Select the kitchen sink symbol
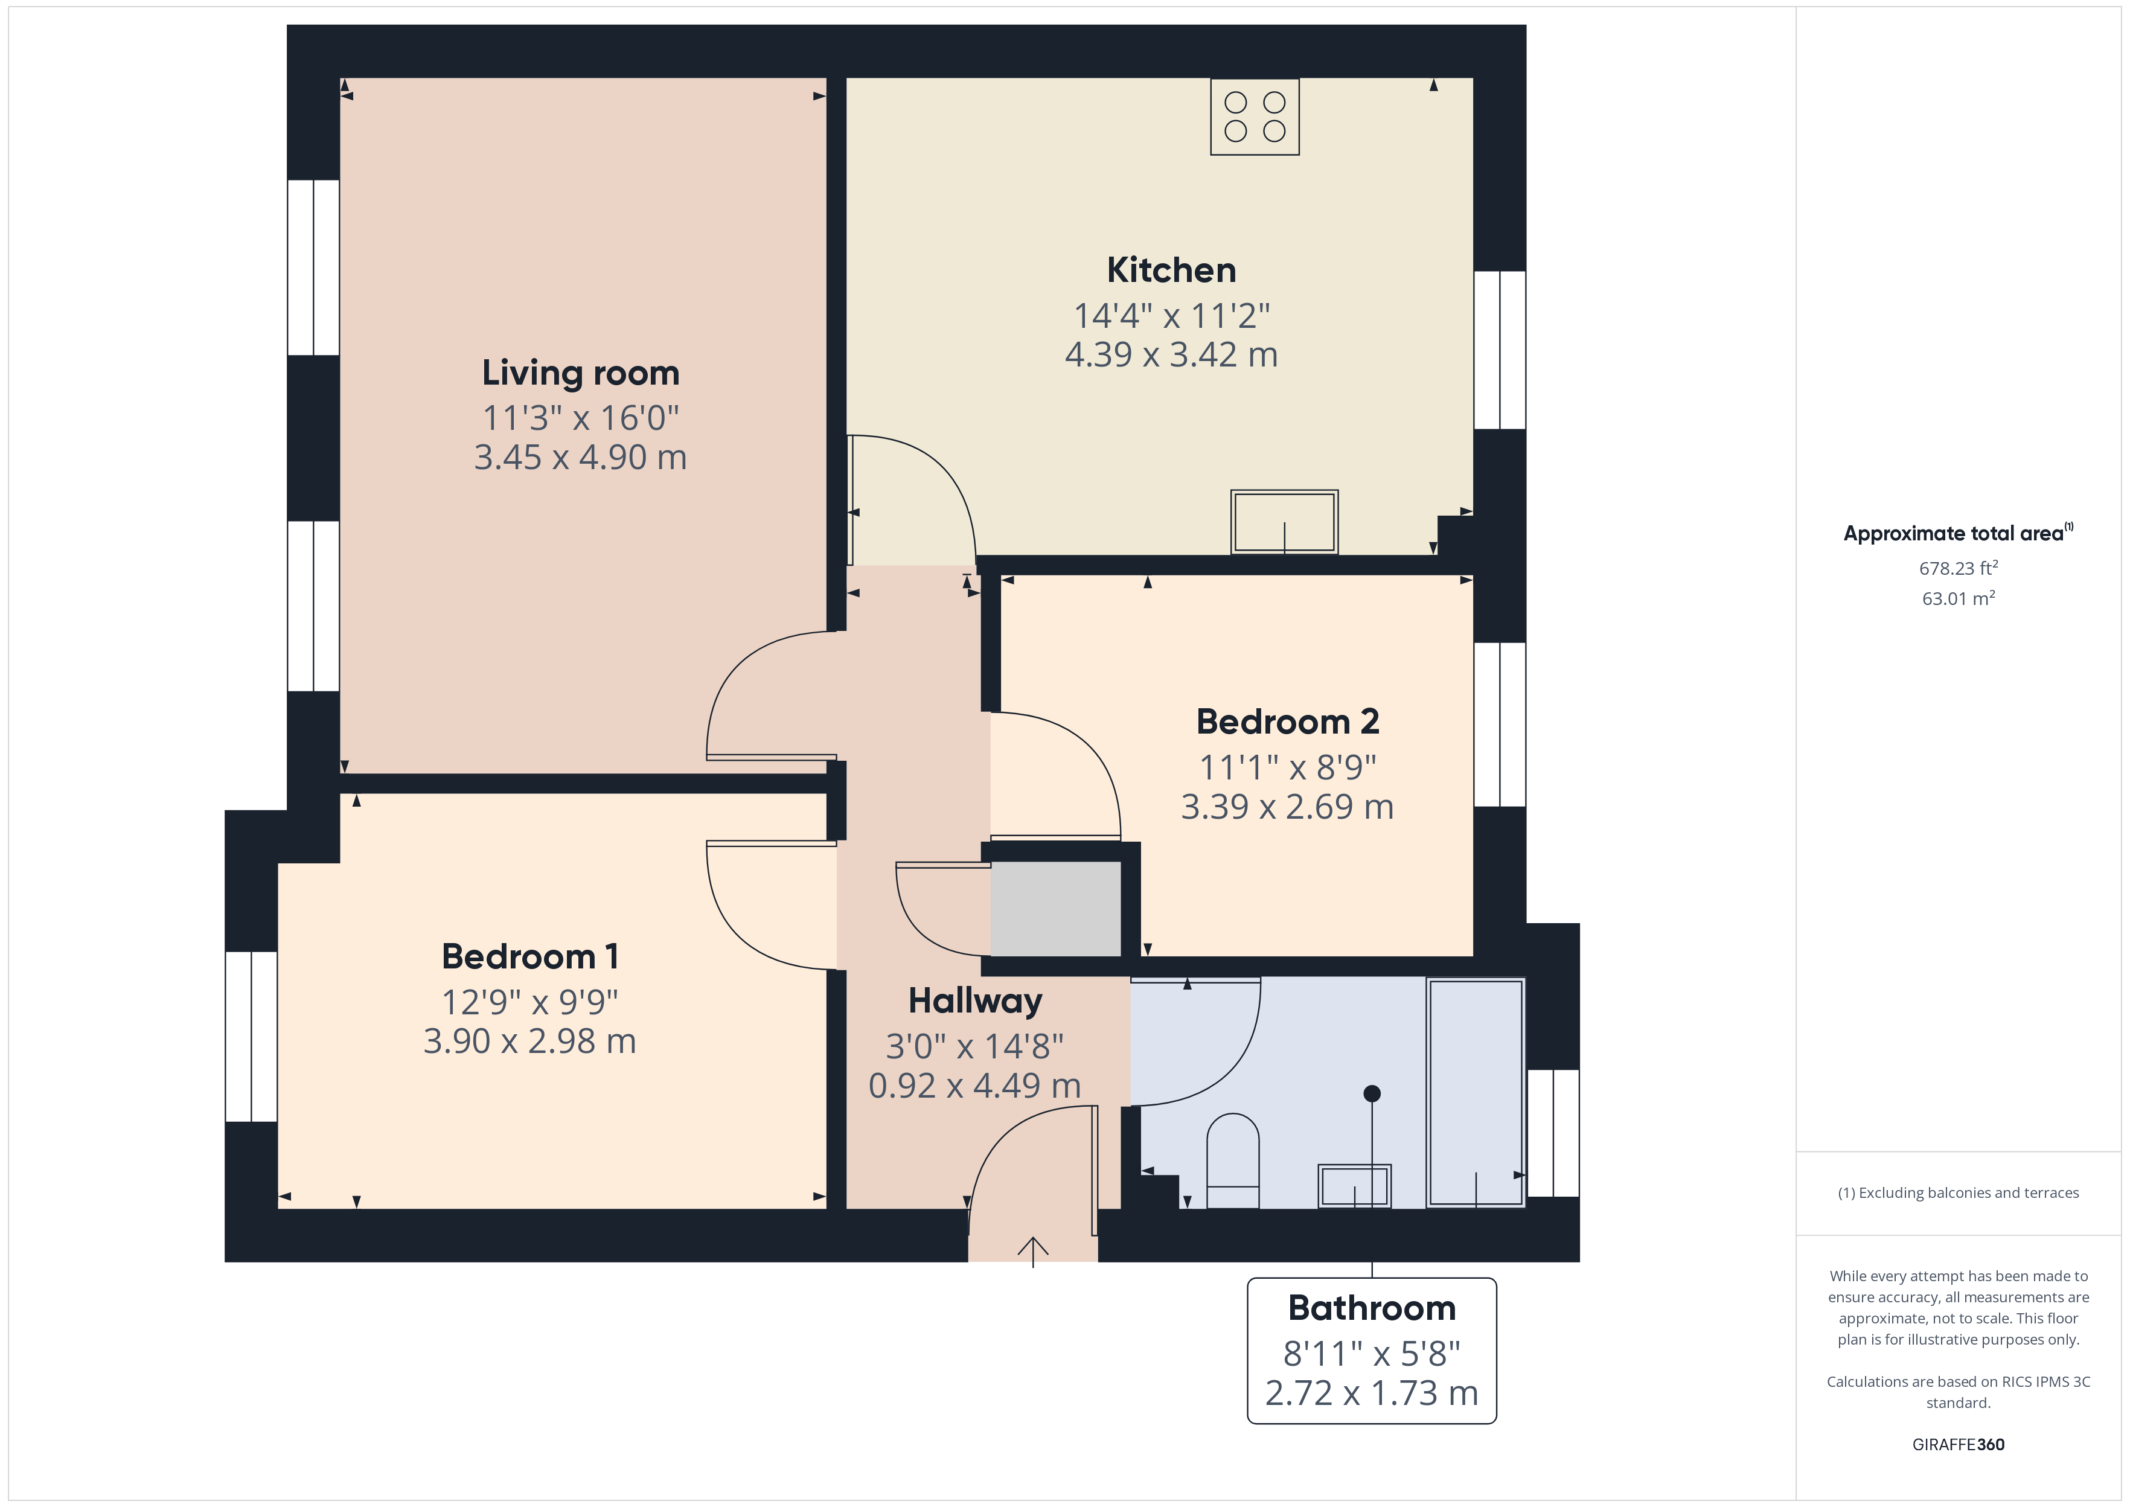(x=1284, y=522)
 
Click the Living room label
(x=581, y=373)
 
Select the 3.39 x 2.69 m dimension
(x=1288, y=807)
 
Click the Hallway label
(x=975, y=1001)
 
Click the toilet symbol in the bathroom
(x=1233, y=1161)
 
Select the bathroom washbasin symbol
(x=1354, y=1186)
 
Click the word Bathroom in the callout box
(x=1372, y=1308)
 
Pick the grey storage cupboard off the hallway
(x=1056, y=909)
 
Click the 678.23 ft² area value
(x=1959, y=568)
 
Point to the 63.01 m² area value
(x=1959, y=598)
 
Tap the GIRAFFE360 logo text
(x=1959, y=1445)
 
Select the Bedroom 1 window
(x=251, y=1037)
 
